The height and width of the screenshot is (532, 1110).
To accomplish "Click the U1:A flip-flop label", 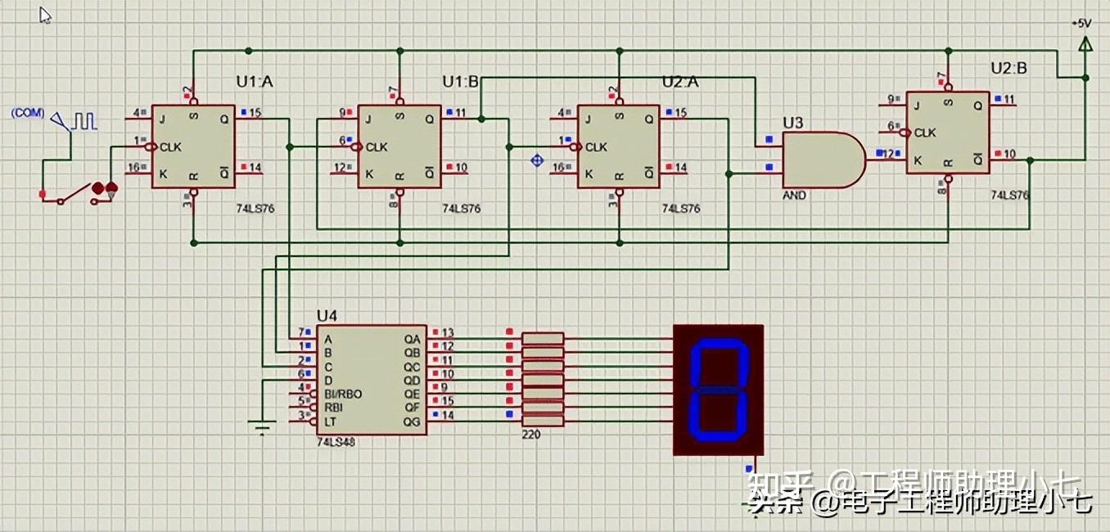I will pos(255,82).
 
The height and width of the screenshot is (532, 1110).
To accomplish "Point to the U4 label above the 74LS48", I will pos(327,316).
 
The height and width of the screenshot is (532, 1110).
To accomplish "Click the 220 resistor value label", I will pos(530,436).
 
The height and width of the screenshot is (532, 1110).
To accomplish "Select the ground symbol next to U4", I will pos(259,426).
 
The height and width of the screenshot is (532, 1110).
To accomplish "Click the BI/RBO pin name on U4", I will pos(343,394).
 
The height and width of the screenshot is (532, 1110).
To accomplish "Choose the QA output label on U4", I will pos(412,338).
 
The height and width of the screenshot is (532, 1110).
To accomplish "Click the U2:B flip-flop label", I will pos(1008,69).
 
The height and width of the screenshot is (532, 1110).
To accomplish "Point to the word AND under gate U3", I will pos(794,196).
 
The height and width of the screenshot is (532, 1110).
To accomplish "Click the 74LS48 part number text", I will pos(336,441).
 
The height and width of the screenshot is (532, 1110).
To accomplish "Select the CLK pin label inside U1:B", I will pos(377,147).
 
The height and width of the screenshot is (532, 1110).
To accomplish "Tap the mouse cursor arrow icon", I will pos(46,15).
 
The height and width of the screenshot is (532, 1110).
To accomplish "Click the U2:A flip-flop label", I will pos(680,82).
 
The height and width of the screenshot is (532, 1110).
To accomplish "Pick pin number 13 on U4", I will pos(448,333).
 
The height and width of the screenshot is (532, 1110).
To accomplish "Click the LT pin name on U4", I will pos(329,421).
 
